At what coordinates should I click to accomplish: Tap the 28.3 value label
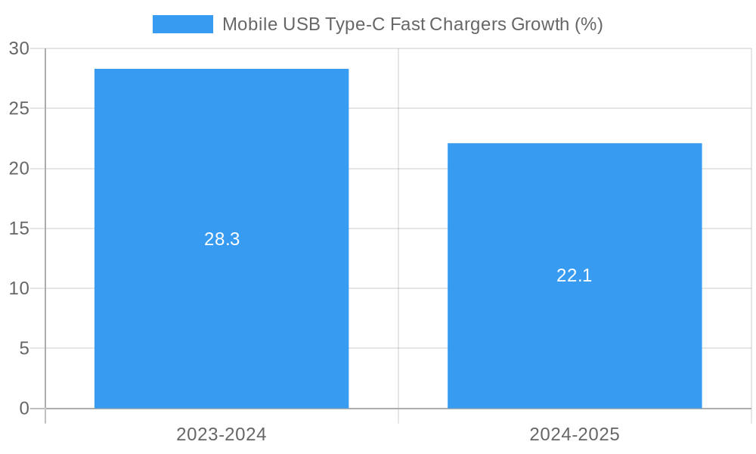tap(222, 239)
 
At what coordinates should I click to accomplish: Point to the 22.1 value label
tap(575, 275)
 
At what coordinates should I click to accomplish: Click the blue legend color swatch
tap(183, 24)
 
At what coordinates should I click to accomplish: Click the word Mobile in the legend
tap(249, 24)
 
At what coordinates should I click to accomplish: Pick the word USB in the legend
tap(300, 24)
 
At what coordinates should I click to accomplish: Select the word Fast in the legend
tap(407, 24)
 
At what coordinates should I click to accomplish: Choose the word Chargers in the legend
tap(468, 24)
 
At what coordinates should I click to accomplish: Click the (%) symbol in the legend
tap(588, 24)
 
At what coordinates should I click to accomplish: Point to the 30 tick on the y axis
tap(19, 48)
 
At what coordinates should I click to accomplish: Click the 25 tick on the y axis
tap(19, 108)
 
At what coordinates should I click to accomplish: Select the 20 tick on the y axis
tap(19, 169)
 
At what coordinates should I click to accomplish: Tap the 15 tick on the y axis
tap(19, 229)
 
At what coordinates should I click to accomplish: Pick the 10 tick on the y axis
tap(19, 288)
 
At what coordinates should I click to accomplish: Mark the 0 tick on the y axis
tap(24, 409)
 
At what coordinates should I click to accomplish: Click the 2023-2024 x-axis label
tap(222, 434)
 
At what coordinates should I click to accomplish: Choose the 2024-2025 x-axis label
tap(575, 434)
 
